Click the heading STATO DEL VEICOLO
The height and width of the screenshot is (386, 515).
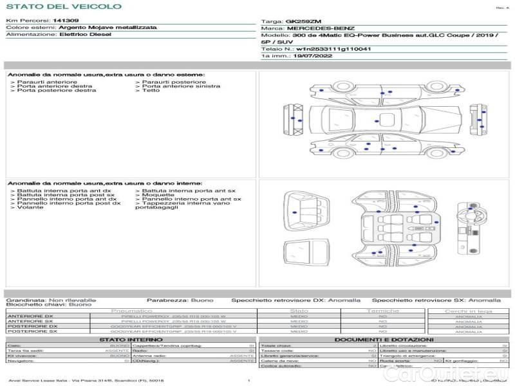(x=63, y=6)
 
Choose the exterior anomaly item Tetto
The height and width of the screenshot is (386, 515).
(x=151, y=91)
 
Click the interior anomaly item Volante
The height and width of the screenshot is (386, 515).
(x=30, y=208)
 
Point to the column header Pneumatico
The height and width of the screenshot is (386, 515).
(x=131, y=311)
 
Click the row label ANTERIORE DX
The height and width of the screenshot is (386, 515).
(x=30, y=317)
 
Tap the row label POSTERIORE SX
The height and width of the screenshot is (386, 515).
(x=30, y=331)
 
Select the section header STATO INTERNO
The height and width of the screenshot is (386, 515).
(x=127, y=340)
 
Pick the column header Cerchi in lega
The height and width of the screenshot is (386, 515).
(x=468, y=311)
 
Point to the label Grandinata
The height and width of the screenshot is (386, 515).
(x=25, y=300)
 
